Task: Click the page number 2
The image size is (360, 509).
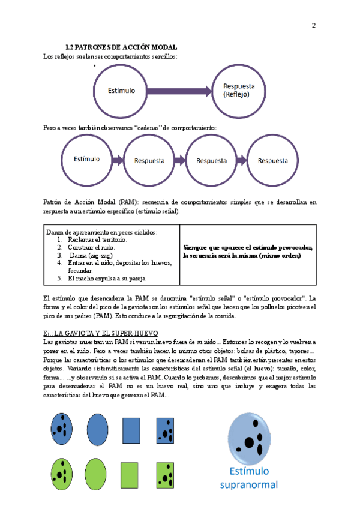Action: tap(314, 25)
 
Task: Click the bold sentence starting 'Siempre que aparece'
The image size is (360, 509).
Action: tap(248, 251)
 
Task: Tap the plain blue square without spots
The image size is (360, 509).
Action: tap(131, 430)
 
